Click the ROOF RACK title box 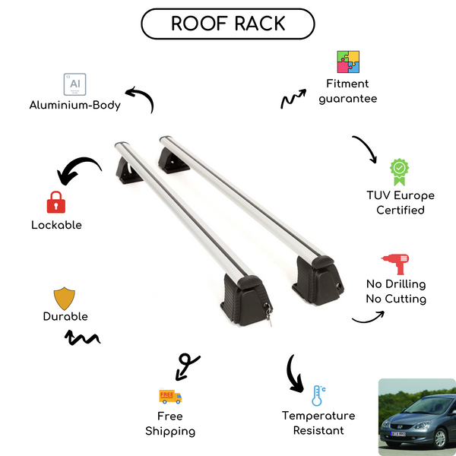pyautogui.click(x=228, y=24)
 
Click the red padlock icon pyautogui.click(x=55, y=202)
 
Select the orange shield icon pyautogui.click(x=65, y=297)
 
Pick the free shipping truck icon pyautogui.click(x=170, y=396)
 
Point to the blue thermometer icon pyautogui.click(x=318, y=395)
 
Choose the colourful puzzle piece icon pyautogui.click(x=348, y=62)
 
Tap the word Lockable pyautogui.click(x=56, y=225)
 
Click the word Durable pyautogui.click(x=65, y=317)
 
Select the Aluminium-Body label pyautogui.click(x=74, y=106)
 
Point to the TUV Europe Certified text pyautogui.click(x=401, y=202)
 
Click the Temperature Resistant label pyautogui.click(x=318, y=423)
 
